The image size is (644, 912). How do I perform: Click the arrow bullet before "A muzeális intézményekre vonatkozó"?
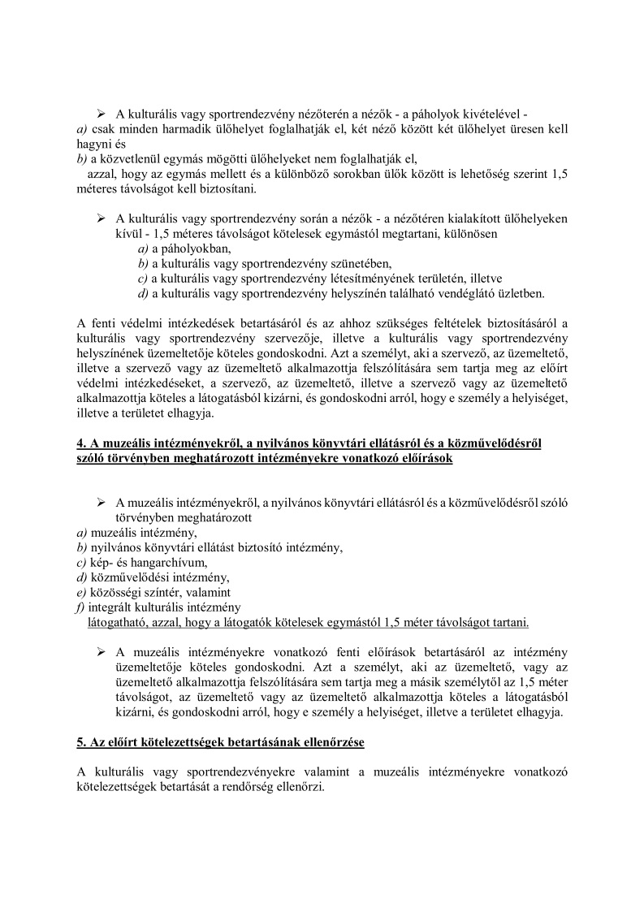pyautogui.click(x=102, y=652)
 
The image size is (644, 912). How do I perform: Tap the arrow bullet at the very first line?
pyautogui.click(x=102, y=114)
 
